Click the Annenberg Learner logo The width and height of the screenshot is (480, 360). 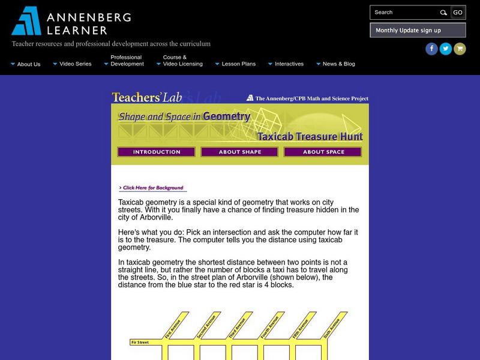coord(71,21)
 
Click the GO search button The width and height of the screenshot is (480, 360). coord(458,12)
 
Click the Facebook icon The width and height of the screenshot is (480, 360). coord(431,49)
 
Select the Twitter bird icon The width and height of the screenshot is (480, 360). coord(446,49)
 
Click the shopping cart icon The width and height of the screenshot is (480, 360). coord(460,49)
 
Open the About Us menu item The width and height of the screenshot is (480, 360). coord(28,64)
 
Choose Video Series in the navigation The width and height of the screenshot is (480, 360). coord(75,64)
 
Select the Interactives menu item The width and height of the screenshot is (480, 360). coord(289,64)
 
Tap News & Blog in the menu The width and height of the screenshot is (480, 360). coord(338,64)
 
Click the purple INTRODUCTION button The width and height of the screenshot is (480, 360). coord(157,152)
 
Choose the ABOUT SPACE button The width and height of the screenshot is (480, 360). coord(323,152)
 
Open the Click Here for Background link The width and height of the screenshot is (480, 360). coord(152,188)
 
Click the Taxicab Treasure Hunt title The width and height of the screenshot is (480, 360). coord(310,136)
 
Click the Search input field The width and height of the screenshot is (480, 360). coord(404,12)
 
